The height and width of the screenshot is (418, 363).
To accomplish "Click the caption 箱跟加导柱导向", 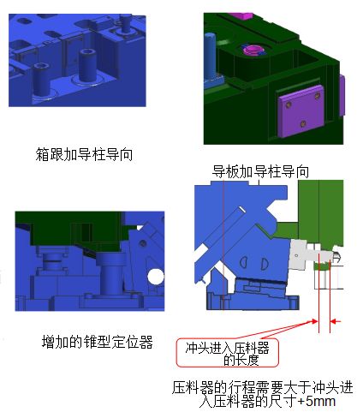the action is [x=84, y=154].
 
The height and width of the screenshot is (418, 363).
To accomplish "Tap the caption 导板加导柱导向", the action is [x=260, y=171].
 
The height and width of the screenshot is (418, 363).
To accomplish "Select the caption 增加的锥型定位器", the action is [x=98, y=342].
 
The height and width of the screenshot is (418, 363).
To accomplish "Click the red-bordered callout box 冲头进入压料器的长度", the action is [x=228, y=353].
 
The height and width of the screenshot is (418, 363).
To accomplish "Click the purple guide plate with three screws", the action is [x=301, y=110].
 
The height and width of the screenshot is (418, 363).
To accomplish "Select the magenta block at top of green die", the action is [x=241, y=16].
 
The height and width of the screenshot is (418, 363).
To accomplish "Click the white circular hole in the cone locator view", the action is [x=156, y=277].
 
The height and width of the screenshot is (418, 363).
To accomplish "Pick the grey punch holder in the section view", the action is [x=301, y=254].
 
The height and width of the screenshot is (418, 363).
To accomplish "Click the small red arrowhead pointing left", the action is [x=336, y=321].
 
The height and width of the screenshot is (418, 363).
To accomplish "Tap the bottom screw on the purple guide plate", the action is [x=303, y=124].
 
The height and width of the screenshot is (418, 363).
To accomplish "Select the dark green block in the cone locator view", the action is [x=74, y=230].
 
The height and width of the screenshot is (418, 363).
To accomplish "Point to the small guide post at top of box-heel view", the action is [x=125, y=24].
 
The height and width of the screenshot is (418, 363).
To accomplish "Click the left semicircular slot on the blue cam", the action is [x=243, y=262].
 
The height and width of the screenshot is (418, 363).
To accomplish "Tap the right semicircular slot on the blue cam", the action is [x=264, y=264].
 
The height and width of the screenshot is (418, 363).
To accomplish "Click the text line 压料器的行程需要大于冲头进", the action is [x=262, y=388].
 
